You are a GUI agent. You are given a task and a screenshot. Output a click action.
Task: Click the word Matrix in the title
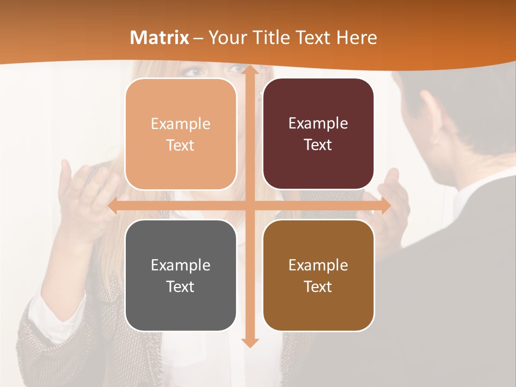(x=160, y=38)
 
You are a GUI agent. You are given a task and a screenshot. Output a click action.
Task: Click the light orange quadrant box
(x=181, y=134)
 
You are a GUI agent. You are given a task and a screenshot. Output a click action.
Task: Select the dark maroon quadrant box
(x=318, y=134)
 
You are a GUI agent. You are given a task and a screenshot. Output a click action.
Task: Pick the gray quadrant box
(x=181, y=275)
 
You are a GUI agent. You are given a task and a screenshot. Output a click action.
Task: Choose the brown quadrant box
(x=318, y=275)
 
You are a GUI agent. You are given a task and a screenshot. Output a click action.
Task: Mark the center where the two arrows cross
(x=249, y=206)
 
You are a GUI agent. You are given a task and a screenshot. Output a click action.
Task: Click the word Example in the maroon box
(x=318, y=124)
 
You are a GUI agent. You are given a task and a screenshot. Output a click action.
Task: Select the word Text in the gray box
(x=181, y=286)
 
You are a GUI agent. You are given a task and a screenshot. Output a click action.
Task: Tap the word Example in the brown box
(x=318, y=265)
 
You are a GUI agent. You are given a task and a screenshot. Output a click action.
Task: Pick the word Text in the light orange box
(x=181, y=146)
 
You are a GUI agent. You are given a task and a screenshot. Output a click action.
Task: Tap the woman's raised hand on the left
(x=81, y=188)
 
